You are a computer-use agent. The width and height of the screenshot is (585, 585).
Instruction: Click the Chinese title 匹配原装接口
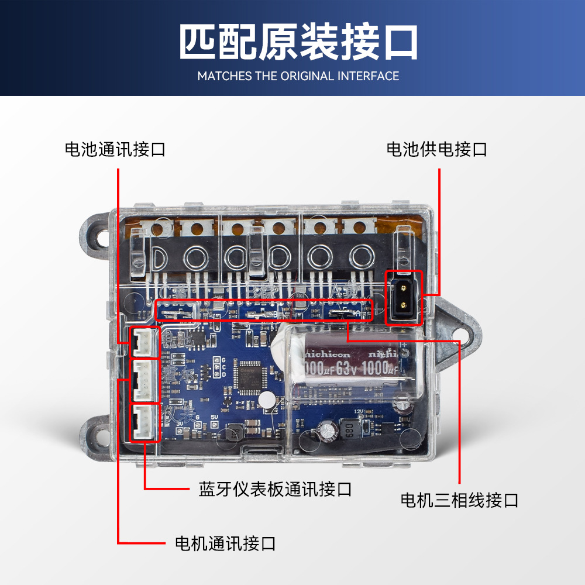298,43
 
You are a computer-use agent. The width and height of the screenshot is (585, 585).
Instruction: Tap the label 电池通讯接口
115,149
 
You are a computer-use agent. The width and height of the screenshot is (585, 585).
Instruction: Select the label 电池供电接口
436,149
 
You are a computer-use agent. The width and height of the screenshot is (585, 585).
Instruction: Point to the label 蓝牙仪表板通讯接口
275,488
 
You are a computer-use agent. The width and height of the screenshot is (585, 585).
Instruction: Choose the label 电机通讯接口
225,543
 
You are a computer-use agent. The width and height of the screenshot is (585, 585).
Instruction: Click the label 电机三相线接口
459,500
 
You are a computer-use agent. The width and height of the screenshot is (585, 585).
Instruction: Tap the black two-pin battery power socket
404,297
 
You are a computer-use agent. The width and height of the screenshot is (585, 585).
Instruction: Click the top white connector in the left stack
144,342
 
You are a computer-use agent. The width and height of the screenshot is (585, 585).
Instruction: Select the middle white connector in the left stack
144,380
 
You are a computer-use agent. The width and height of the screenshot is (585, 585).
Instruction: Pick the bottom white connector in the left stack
144,422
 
